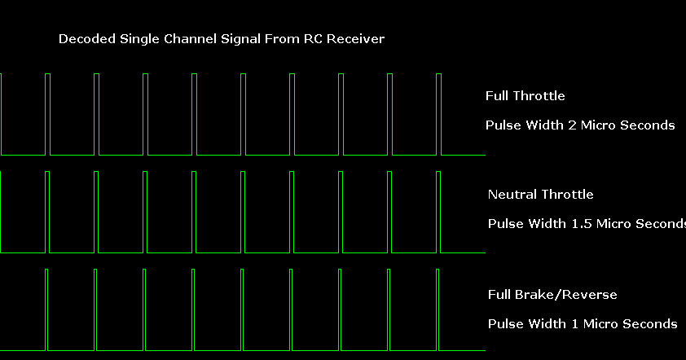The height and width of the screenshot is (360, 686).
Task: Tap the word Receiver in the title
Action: [357, 39]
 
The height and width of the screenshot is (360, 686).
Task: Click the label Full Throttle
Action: [525, 96]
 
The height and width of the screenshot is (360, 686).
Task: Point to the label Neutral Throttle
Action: [540, 195]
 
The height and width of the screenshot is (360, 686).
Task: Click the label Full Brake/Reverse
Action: [552, 295]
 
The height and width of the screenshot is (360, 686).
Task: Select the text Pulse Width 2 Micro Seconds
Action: [580, 125]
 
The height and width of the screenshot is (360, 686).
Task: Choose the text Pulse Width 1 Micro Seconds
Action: [583, 324]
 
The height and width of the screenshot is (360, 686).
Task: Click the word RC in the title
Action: [313, 39]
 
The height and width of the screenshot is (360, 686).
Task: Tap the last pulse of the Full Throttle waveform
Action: [439, 114]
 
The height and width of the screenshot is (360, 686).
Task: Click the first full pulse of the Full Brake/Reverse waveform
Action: [46, 310]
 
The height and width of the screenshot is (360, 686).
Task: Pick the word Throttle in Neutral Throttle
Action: [567, 195]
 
